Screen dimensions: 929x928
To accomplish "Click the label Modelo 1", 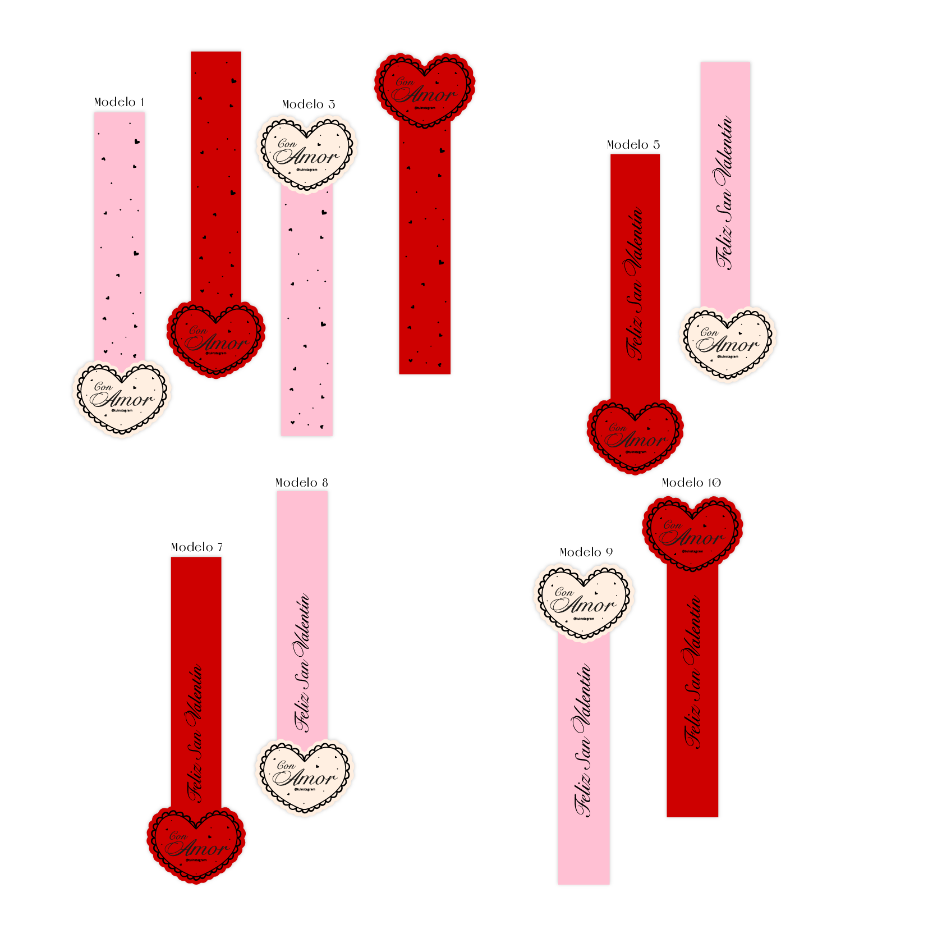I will point(119,102).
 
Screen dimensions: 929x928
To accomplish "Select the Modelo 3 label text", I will point(308,104).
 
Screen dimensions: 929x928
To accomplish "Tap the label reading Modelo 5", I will point(633,145).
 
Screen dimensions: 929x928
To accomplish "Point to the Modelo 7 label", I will point(196,547).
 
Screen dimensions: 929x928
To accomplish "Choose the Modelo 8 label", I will point(301,483).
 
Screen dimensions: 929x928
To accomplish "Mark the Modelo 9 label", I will point(586,552).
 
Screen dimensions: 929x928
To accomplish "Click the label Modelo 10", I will point(691,483).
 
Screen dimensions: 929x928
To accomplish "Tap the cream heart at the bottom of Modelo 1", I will point(122,399).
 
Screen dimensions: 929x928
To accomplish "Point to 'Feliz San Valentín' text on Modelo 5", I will point(635,283).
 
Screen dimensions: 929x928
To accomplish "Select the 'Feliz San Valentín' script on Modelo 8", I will point(302,662).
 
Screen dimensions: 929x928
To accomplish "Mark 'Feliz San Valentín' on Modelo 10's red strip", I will point(692,671).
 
